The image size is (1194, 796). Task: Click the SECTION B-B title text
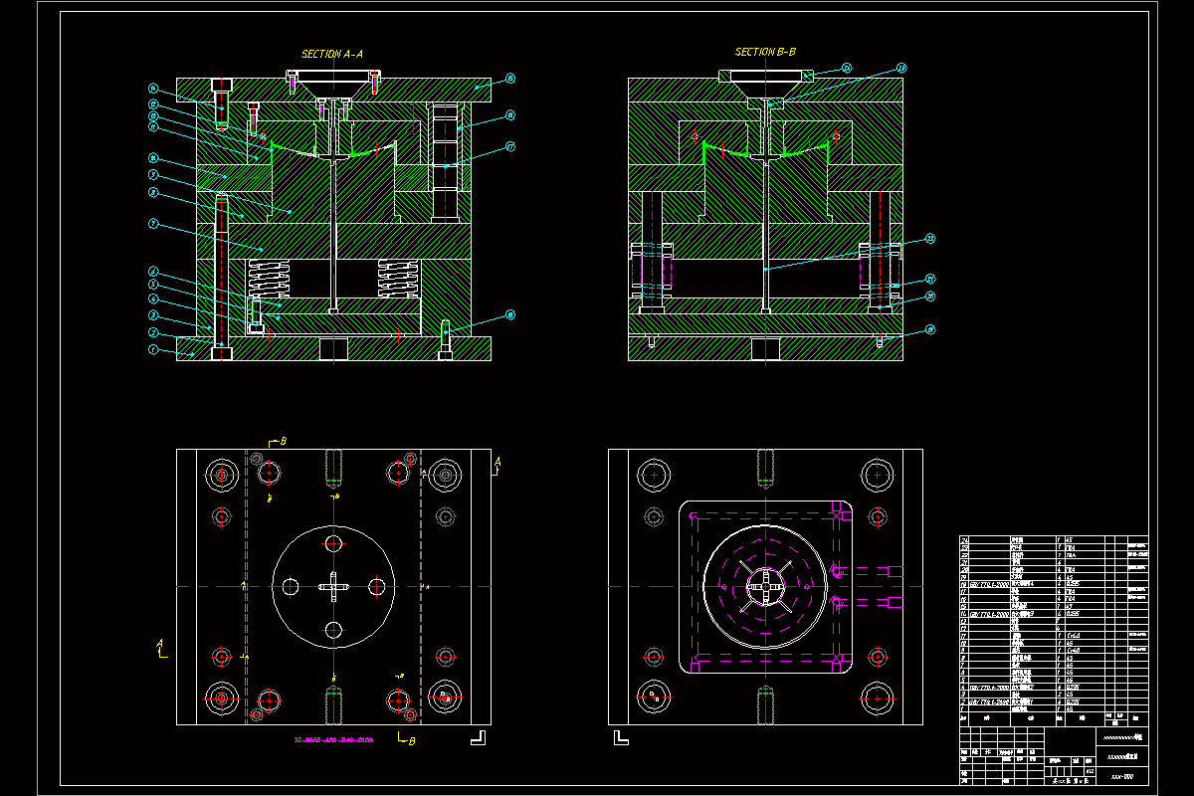[x=765, y=52]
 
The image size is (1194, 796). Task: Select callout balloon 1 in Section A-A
[x=154, y=350]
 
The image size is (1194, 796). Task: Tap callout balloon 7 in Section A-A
[x=153, y=225]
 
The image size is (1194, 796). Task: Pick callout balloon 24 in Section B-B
[x=847, y=69]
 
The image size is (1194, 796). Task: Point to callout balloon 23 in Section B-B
[x=902, y=69]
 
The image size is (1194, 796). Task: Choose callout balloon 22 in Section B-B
[x=930, y=239]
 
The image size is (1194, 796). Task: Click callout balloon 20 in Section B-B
[x=930, y=296]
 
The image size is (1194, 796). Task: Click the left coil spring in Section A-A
[x=268, y=278]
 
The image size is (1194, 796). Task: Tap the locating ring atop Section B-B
[x=765, y=76]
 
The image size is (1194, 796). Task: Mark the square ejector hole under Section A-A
[x=333, y=348]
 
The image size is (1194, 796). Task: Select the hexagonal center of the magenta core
[x=765, y=587]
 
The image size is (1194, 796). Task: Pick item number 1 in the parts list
[x=964, y=709]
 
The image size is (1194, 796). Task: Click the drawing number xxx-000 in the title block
[x=1121, y=774]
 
